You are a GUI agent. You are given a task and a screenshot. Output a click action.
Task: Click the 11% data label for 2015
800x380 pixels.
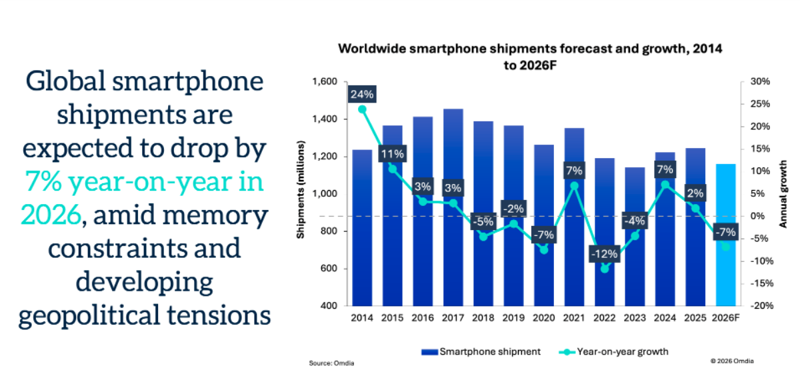(393, 155)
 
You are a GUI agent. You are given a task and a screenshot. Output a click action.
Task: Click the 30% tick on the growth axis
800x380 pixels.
(760, 81)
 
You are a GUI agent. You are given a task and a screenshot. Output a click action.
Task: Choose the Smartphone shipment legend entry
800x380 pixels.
(474, 351)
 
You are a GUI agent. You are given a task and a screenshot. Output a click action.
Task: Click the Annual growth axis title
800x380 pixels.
(784, 193)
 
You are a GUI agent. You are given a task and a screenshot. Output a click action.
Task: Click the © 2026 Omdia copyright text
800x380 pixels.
(733, 361)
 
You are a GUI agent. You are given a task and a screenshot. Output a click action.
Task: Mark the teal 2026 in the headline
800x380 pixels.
(51, 215)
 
